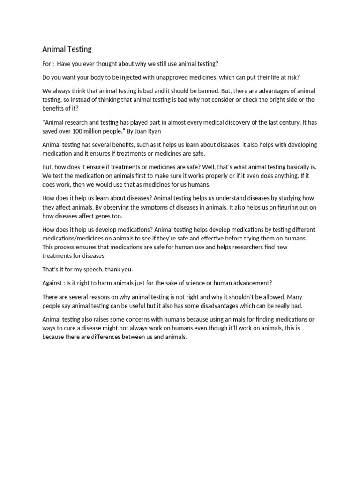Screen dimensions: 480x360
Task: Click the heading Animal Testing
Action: [67, 49]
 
